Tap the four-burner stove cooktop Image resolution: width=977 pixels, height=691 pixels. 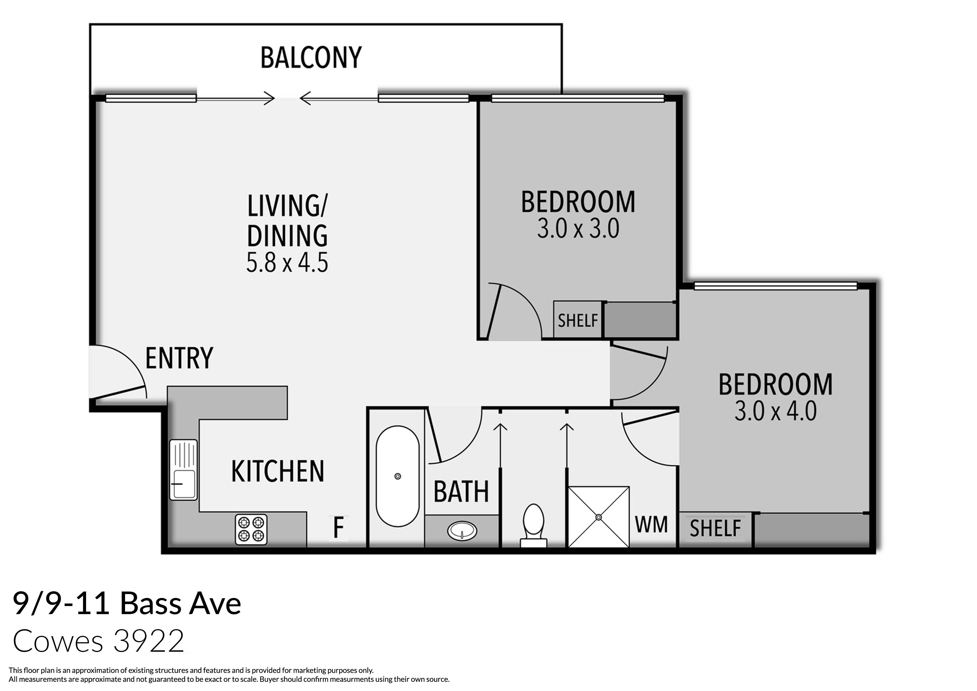click(251, 529)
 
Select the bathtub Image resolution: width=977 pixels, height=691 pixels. click(397, 476)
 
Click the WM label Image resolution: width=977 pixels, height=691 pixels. click(651, 525)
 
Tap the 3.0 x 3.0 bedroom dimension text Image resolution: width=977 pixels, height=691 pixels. click(578, 229)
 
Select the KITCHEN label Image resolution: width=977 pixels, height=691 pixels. click(277, 471)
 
